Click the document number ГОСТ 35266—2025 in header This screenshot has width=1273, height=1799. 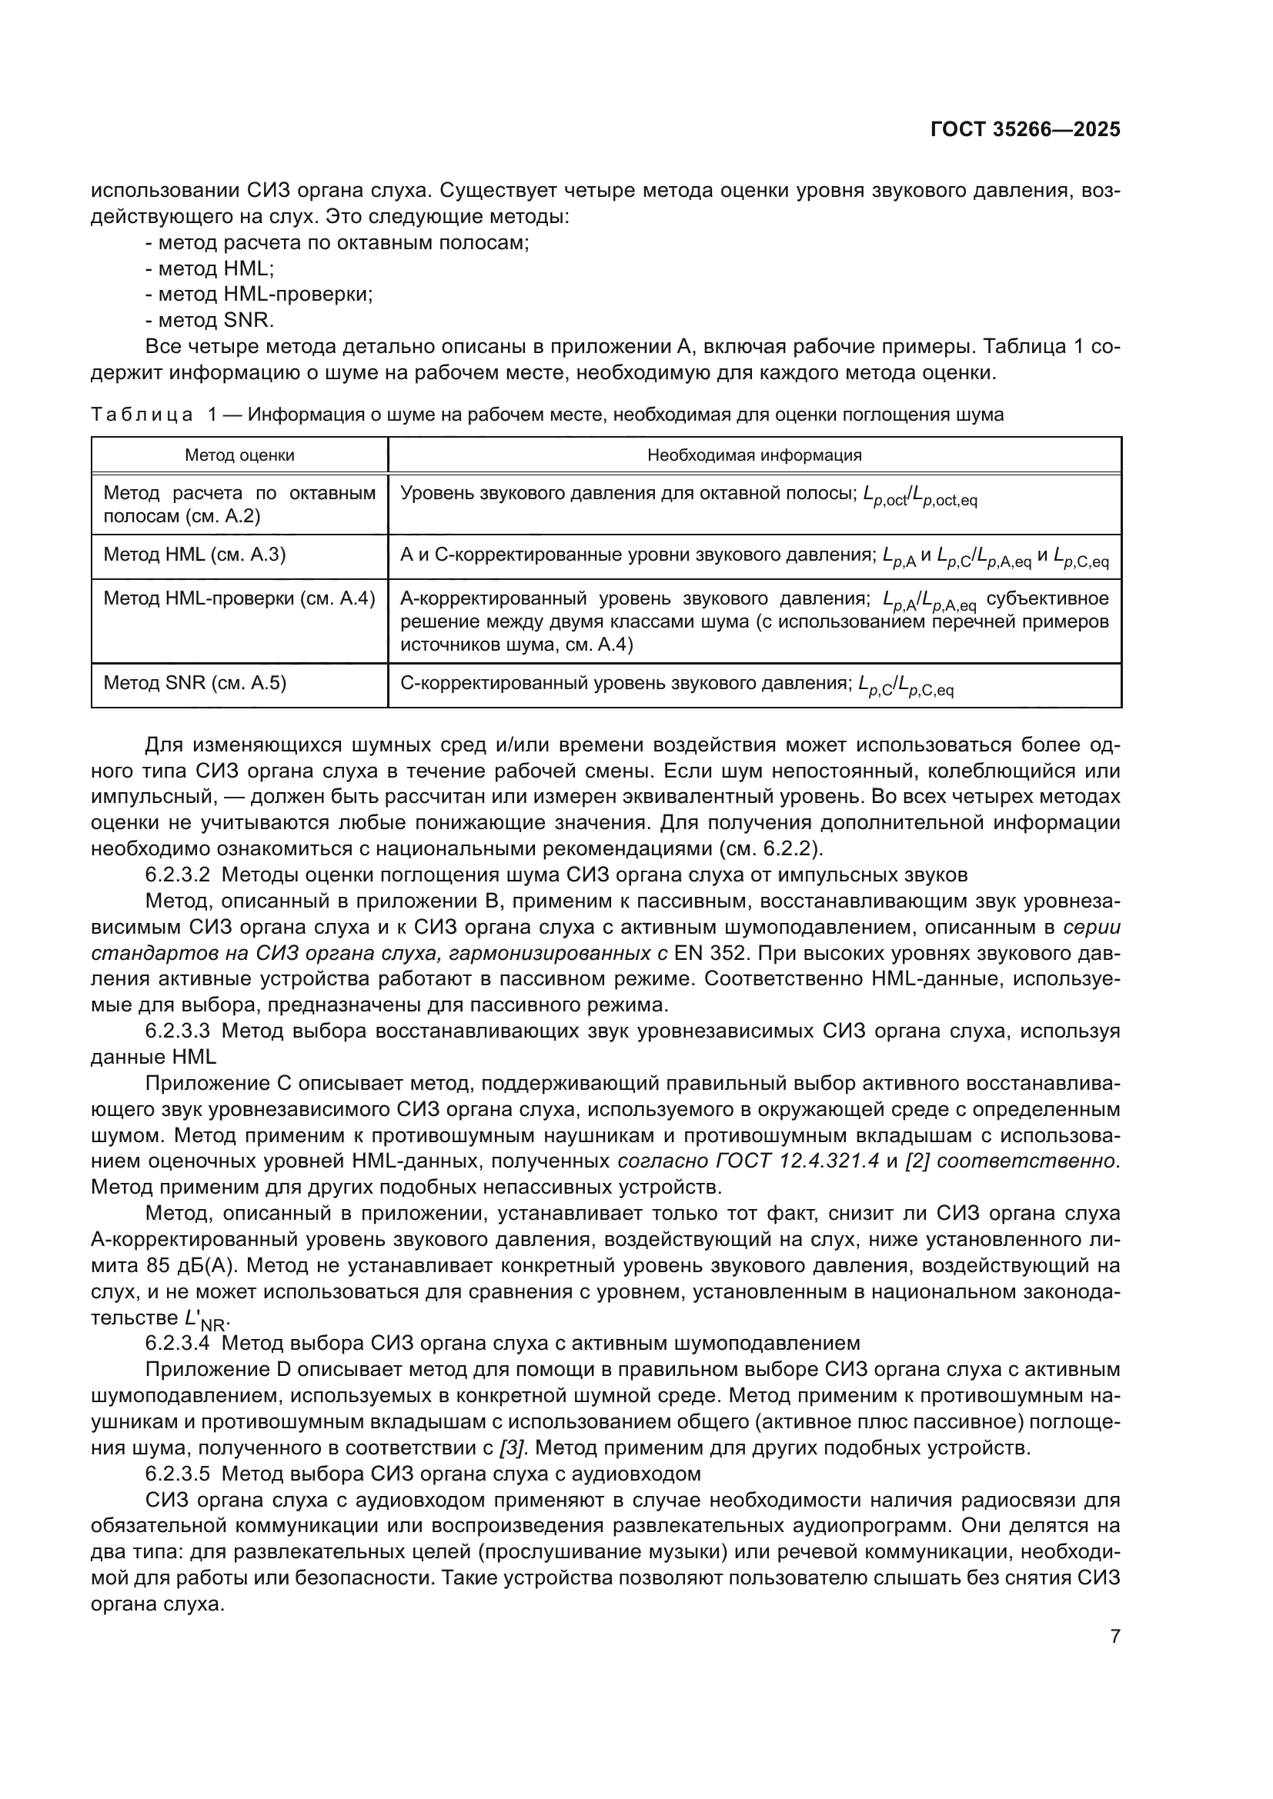click(x=1025, y=130)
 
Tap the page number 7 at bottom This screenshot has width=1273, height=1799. click(x=1114, y=1636)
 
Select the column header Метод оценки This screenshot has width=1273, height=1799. click(x=239, y=455)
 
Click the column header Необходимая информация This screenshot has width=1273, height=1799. click(x=754, y=455)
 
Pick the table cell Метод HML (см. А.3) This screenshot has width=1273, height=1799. click(x=195, y=555)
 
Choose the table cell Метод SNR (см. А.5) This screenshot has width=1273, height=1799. click(x=195, y=682)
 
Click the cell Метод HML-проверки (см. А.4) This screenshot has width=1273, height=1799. click(x=239, y=598)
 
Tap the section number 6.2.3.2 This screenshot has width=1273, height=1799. click(x=177, y=875)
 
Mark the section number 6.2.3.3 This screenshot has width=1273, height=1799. click(x=177, y=1031)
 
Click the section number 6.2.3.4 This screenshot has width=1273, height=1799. click(x=177, y=1344)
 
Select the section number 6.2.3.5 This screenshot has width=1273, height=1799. click(x=177, y=1474)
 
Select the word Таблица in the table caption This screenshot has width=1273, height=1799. click(x=142, y=415)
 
